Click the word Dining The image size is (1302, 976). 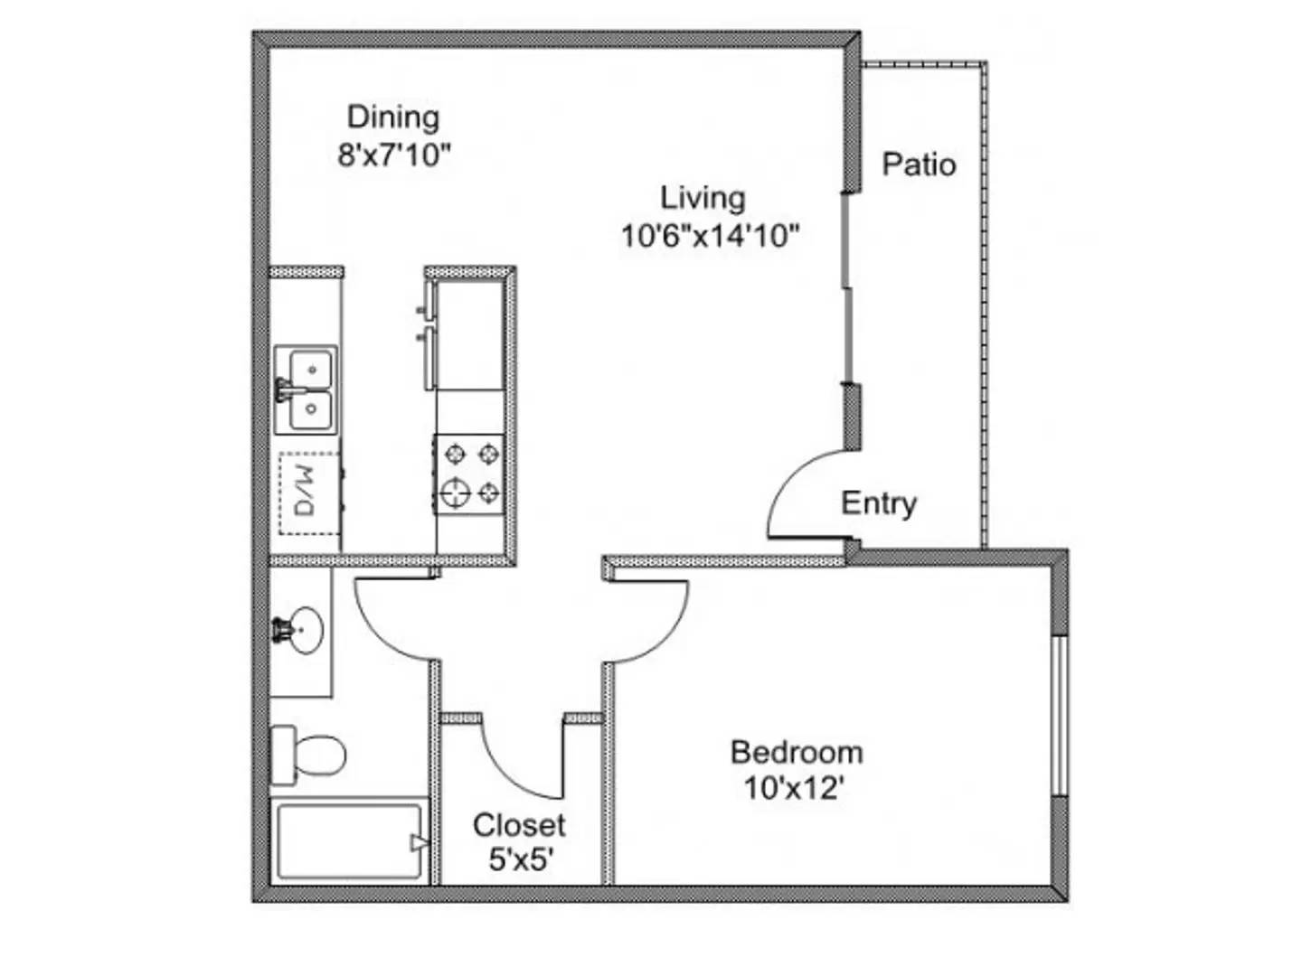point(393,117)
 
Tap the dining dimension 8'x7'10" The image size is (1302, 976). point(393,155)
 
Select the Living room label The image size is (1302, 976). point(703,198)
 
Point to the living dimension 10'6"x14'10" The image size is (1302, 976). point(710,236)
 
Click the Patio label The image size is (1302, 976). point(919,164)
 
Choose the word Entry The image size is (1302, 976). point(878,503)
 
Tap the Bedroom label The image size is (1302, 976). point(796,752)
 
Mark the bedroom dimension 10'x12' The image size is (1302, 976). point(794,789)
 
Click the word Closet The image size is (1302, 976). point(519,824)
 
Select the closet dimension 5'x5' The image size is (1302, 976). point(520,859)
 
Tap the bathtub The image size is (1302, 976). point(350,841)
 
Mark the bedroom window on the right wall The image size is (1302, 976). point(1059,716)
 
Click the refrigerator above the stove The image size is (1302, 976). point(468,334)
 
